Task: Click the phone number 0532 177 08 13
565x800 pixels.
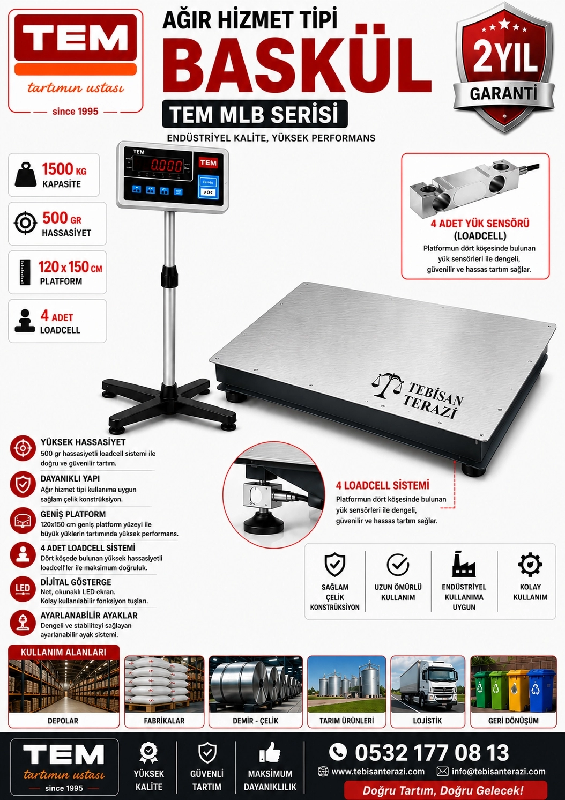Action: point(432,752)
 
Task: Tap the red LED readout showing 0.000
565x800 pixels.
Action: point(166,165)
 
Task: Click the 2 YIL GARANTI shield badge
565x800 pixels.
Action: point(504,67)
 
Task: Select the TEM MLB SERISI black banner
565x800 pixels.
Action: point(255,114)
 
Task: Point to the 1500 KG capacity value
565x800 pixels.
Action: point(64,169)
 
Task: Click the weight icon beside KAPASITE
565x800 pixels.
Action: point(25,175)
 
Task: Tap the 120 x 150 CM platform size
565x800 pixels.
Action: point(70,267)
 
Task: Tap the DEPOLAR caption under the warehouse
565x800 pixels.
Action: point(63,721)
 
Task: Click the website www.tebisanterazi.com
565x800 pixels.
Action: point(378,772)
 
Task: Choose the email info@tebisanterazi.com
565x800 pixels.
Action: point(499,772)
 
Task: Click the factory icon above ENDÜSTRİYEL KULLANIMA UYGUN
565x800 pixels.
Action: point(464,564)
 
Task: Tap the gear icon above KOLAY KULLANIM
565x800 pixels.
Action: point(530,565)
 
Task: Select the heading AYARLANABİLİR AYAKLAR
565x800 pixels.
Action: point(89,616)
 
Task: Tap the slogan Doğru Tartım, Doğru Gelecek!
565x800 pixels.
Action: point(443,790)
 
